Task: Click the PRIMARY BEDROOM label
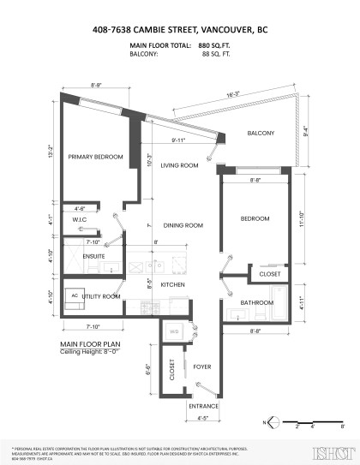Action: (x=95, y=157)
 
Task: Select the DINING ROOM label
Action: (x=183, y=225)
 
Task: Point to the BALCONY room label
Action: (x=261, y=134)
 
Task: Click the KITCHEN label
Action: (x=174, y=284)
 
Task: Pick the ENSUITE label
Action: (x=95, y=254)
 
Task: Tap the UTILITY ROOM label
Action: (x=101, y=295)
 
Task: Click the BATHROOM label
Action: (x=256, y=302)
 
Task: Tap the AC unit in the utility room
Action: (x=75, y=294)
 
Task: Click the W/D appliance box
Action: (x=174, y=331)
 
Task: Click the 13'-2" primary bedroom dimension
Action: (x=51, y=152)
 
